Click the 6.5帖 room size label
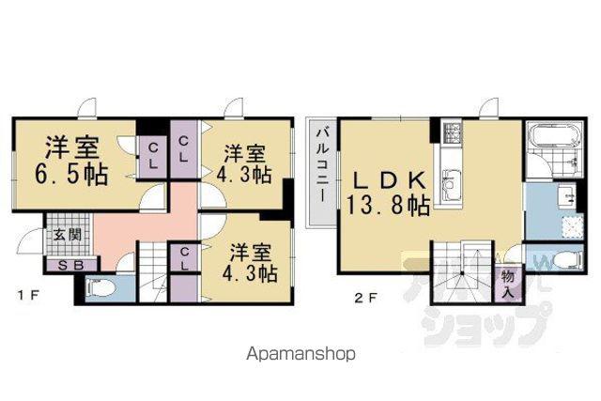coord(71,175)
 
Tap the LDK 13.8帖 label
coord(388,193)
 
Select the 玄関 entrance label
coord(68,234)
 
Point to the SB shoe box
coord(71,265)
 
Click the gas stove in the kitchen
coord(451,132)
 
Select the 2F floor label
coord(366,298)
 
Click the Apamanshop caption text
coord(300,354)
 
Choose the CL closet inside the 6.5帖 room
coord(152,157)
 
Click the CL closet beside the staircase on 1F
coord(184,258)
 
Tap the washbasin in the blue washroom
coord(566,194)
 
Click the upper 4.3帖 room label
coord(244,165)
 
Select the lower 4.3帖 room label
coord(251,263)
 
